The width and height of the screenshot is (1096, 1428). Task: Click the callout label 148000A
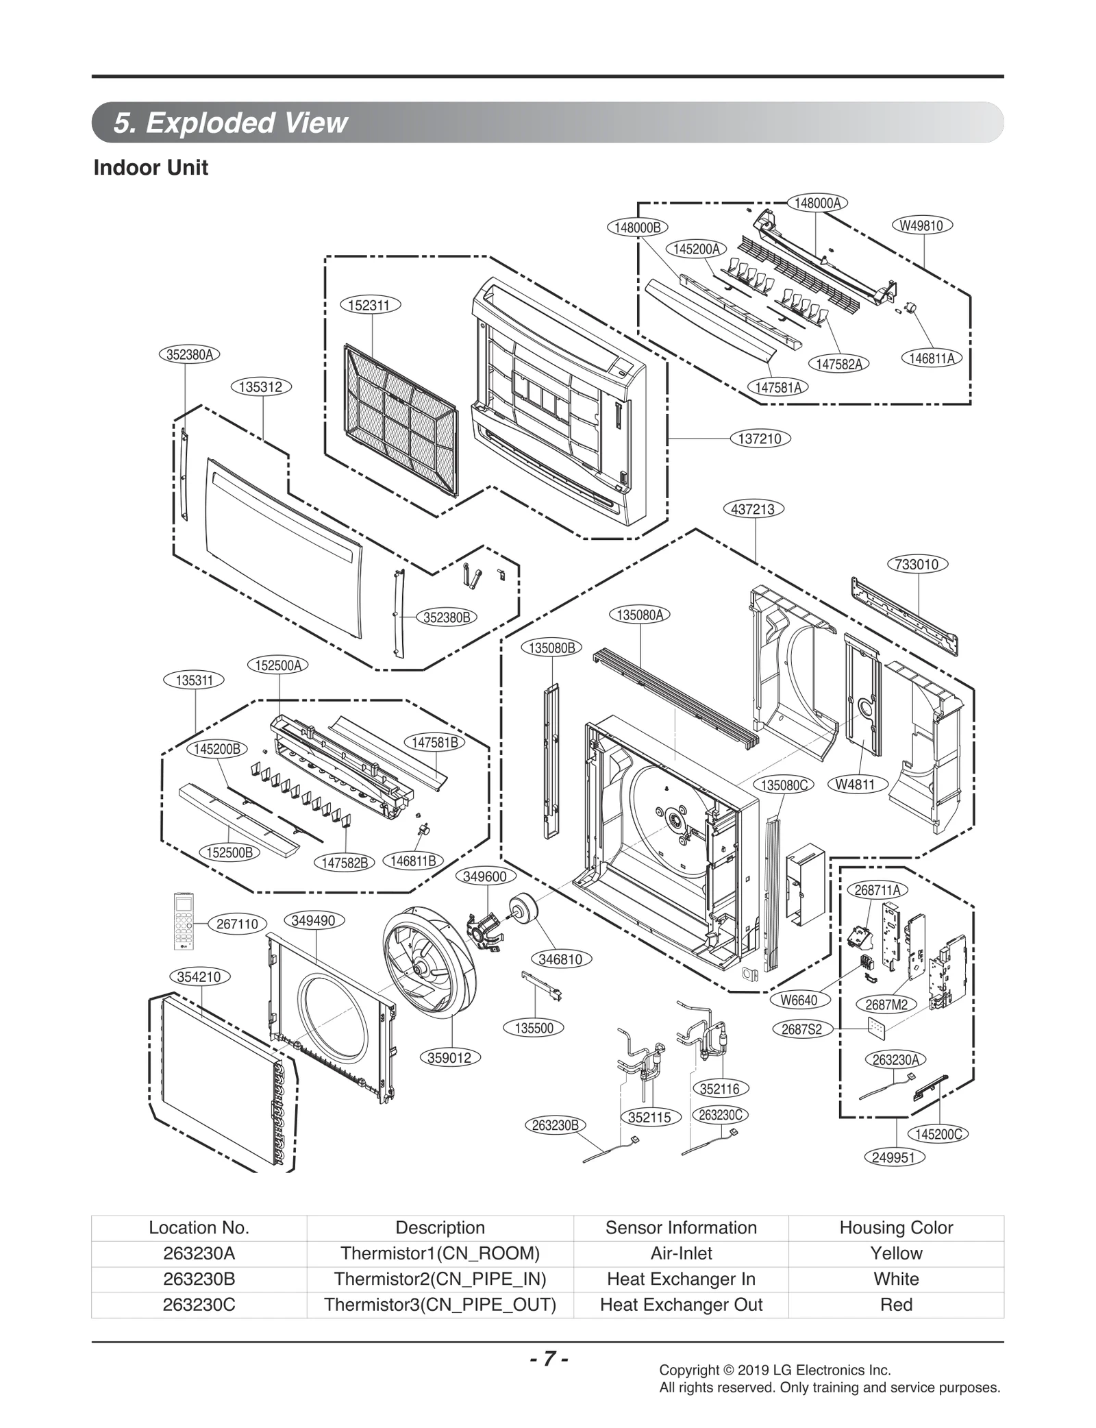coord(817,203)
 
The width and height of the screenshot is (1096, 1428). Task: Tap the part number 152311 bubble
coord(370,306)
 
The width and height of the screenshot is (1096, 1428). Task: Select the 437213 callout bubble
coord(754,509)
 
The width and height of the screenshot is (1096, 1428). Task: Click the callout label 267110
coord(237,924)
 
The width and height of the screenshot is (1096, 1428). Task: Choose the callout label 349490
coord(313,920)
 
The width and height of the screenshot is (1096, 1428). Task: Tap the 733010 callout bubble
coord(917,565)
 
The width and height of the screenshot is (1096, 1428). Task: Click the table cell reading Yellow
coord(896,1253)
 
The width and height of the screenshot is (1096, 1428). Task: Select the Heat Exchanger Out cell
coord(681,1305)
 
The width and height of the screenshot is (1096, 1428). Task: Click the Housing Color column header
coord(896,1227)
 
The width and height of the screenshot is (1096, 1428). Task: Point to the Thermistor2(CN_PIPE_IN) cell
coord(440,1279)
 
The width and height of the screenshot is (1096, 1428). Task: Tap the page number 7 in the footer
coord(548,1359)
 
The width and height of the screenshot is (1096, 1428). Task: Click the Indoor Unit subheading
coord(151,168)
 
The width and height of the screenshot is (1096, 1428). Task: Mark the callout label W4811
coord(856,785)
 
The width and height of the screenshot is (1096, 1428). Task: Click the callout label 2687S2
coord(801,1029)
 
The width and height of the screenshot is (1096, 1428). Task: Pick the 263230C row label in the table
coord(199,1305)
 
